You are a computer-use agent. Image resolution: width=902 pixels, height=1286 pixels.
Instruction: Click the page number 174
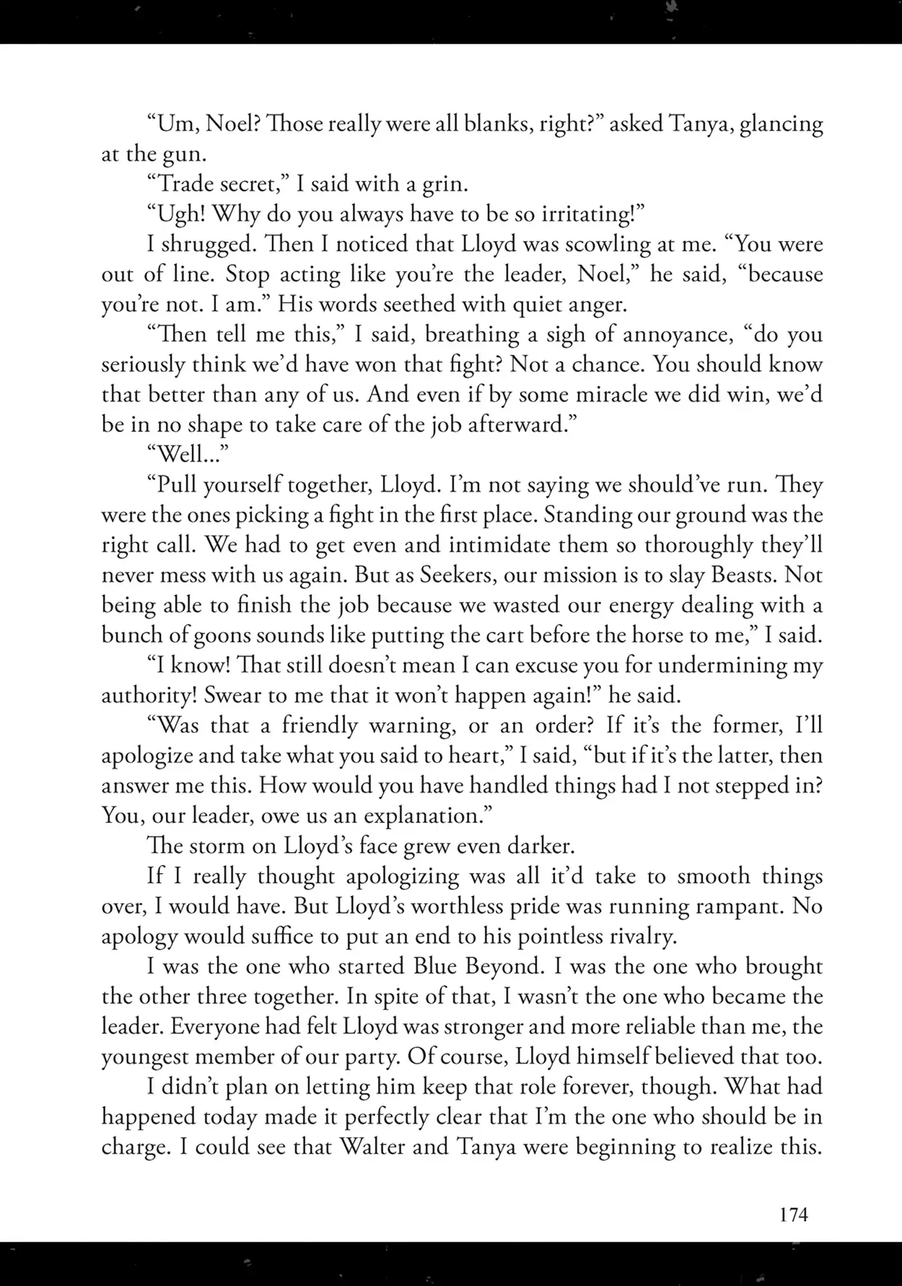793,1215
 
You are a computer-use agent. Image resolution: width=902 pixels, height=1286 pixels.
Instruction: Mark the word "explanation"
426,815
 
